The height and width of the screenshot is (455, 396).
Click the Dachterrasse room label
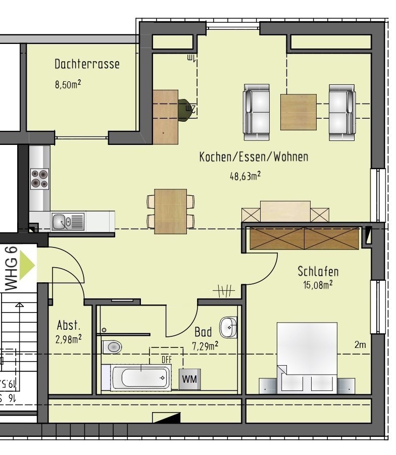(x=87, y=64)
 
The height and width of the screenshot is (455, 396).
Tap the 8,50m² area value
(x=68, y=84)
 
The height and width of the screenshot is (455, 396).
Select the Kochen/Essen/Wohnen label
(x=254, y=157)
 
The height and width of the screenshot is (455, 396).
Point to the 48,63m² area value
(x=245, y=176)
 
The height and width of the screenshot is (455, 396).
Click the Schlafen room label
(x=318, y=271)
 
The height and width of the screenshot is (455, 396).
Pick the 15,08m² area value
(x=317, y=285)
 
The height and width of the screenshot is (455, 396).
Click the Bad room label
(x=203, y=332)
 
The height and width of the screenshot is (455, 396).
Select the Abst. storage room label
(x=68, y=325)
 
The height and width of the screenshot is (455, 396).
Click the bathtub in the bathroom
(x=141, y=377)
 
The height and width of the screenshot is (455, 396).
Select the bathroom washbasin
(x=228, y=327)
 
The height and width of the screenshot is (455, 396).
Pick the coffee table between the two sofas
(x=298, y=111)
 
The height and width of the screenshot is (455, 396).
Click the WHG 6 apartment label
(x=11, y=268)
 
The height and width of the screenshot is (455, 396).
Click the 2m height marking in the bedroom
(x=360, y=345)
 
